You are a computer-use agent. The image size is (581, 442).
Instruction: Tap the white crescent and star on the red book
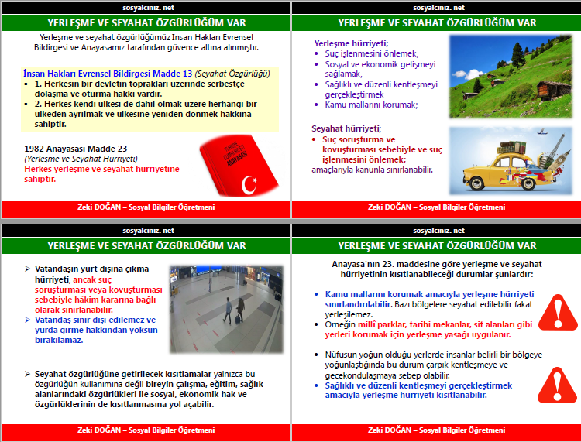point(249,184)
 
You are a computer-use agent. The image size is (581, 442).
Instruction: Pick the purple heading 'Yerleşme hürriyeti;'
point(351,43)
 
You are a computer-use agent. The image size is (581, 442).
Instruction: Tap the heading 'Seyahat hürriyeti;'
point(346,128)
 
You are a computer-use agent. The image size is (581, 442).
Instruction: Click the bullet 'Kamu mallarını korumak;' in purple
point(371,105)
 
